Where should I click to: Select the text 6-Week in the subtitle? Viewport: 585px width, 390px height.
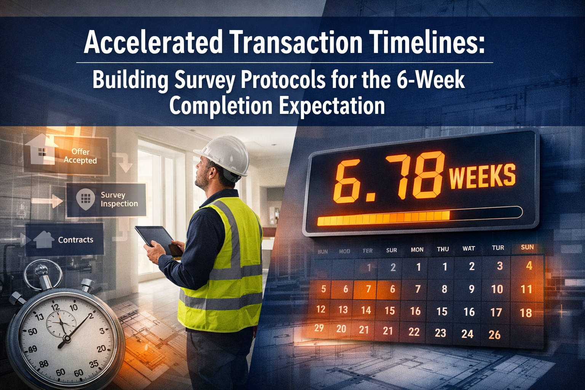431,80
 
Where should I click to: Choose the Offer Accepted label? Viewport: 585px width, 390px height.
80,156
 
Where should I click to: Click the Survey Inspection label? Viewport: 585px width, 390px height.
119,199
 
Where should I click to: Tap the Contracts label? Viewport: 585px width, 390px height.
75,240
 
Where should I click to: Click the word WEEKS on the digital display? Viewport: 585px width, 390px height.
482,176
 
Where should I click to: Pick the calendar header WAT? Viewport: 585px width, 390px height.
468,248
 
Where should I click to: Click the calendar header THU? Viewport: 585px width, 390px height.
443,249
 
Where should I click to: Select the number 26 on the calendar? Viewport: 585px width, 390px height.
494,335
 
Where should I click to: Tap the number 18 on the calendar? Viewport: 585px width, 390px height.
526,313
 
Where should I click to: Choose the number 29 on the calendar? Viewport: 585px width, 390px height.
319,328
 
